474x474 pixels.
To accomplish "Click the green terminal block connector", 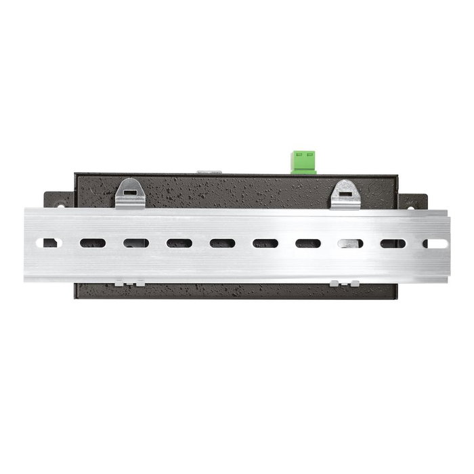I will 304,162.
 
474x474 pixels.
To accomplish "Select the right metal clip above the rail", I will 345,194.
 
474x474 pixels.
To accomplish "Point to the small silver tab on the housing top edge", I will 209,172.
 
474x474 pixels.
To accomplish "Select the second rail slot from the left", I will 93,242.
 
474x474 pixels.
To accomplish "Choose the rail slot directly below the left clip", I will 135,242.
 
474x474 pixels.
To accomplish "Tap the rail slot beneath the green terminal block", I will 307,243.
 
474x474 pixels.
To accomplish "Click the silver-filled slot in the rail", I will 351,243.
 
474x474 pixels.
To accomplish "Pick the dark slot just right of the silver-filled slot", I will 393,243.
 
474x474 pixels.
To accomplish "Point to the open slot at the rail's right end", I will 435,243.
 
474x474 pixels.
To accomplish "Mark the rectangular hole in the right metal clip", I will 345,192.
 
